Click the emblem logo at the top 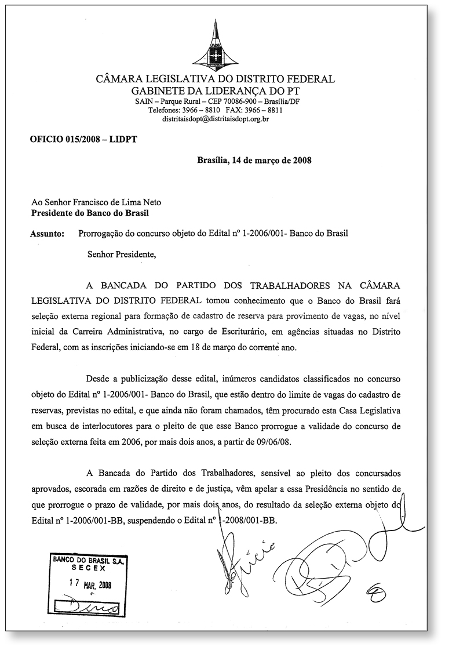(x=216, y=49)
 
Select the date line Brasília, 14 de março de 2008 (x=254, y=161)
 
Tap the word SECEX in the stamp (x=89, y=569)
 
